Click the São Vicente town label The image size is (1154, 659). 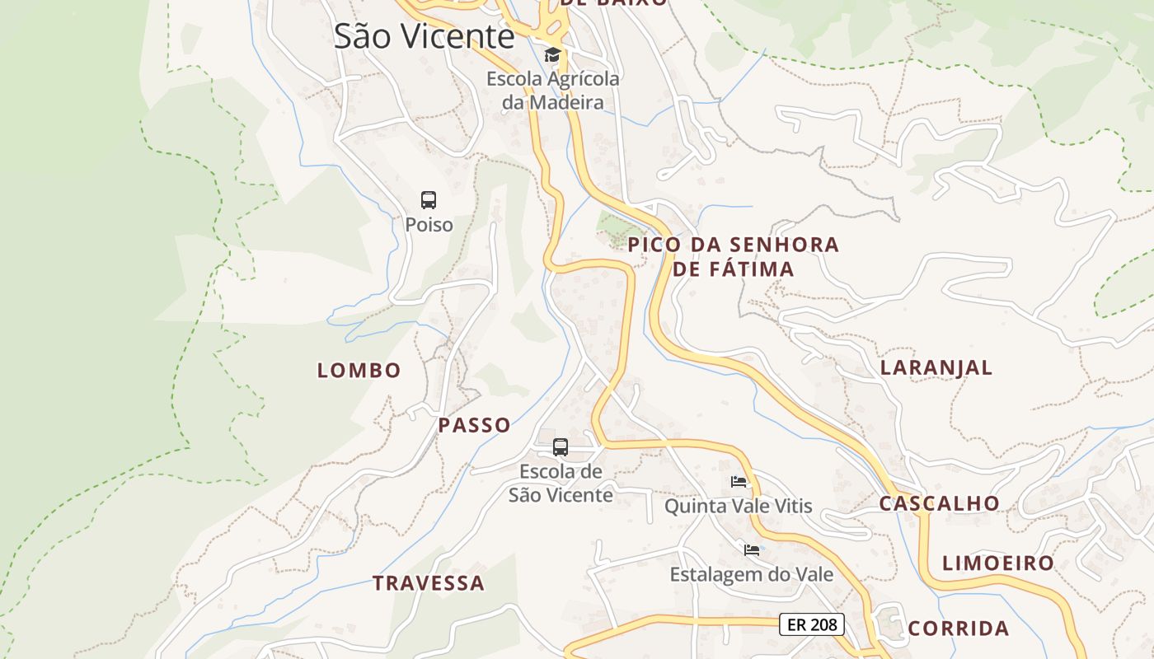pos(424,36)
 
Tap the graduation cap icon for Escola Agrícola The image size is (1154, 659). pos(552,55)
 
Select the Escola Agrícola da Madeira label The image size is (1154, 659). pos(552,91)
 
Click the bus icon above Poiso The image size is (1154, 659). pos(429,199)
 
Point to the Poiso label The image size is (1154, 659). pos(429,224)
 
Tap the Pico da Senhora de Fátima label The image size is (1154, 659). pos(733,256)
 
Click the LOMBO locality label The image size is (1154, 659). pos(359,371)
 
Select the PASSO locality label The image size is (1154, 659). pos(474,425)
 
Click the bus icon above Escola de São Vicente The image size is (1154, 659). pos(561,447)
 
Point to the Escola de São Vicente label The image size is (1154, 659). pos(561,483)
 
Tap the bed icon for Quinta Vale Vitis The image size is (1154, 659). pos(739,482)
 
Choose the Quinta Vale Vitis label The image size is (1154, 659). pos(739,506)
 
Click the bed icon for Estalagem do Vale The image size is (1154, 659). pos(751,549)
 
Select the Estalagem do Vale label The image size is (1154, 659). pos(751,574)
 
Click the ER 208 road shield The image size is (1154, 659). pos(812,624)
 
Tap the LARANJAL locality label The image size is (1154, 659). pos(936,367)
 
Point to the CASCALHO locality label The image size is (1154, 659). pos(939,503)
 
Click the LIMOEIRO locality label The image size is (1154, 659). pos(998,563)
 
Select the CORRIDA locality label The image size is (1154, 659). pos(958,629)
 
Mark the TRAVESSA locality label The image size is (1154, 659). pos(428,583)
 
